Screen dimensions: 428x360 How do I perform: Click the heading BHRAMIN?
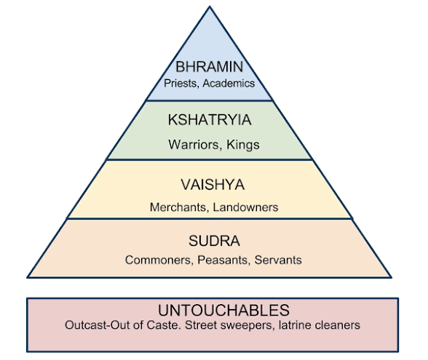click(x=210, y=67)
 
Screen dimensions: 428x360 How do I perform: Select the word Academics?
click(x=229, y=83)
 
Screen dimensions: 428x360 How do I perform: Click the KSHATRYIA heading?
click(x=210, y=120)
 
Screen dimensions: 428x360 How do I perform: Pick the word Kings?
click(x=243, y=145)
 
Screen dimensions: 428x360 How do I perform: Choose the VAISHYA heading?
click(x=213, y=185)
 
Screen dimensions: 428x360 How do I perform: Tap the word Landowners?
click(x=245, y=207)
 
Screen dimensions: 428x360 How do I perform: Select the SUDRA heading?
click(x=214, y=241)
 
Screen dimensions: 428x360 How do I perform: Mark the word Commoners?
click(x=158, y=260)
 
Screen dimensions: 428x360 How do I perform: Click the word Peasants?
click(x=223, y=260)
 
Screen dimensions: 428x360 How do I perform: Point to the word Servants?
click(x=278, y=260)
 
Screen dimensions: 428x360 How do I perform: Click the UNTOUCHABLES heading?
click(x=224, y=310)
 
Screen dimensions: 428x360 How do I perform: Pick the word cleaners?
click(x=338, y=325)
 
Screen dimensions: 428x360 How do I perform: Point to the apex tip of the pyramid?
click(x=210, y=6)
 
